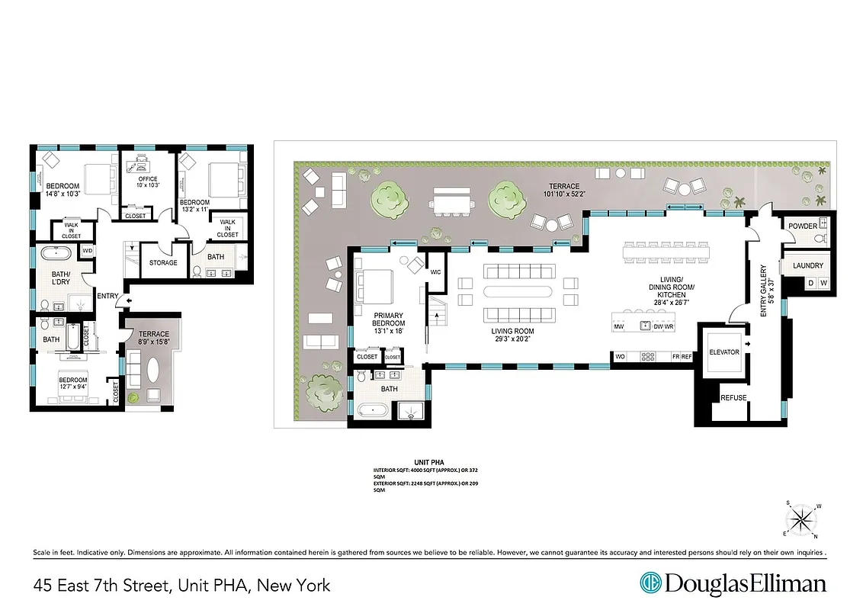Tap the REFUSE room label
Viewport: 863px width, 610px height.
pos(733,397)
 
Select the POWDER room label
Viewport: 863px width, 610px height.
pos(803,226)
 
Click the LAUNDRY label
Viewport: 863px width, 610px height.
pos(808,265)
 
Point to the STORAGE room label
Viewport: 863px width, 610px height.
pos(163,263)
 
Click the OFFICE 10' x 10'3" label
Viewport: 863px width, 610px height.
pos(148,181)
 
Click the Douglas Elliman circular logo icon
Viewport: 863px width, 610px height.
pos(650,583)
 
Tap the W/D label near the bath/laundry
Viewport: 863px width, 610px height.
pos(87,251)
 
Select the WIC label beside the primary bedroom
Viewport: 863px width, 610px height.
pos(436,271)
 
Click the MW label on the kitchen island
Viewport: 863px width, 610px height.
pos(618,327)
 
